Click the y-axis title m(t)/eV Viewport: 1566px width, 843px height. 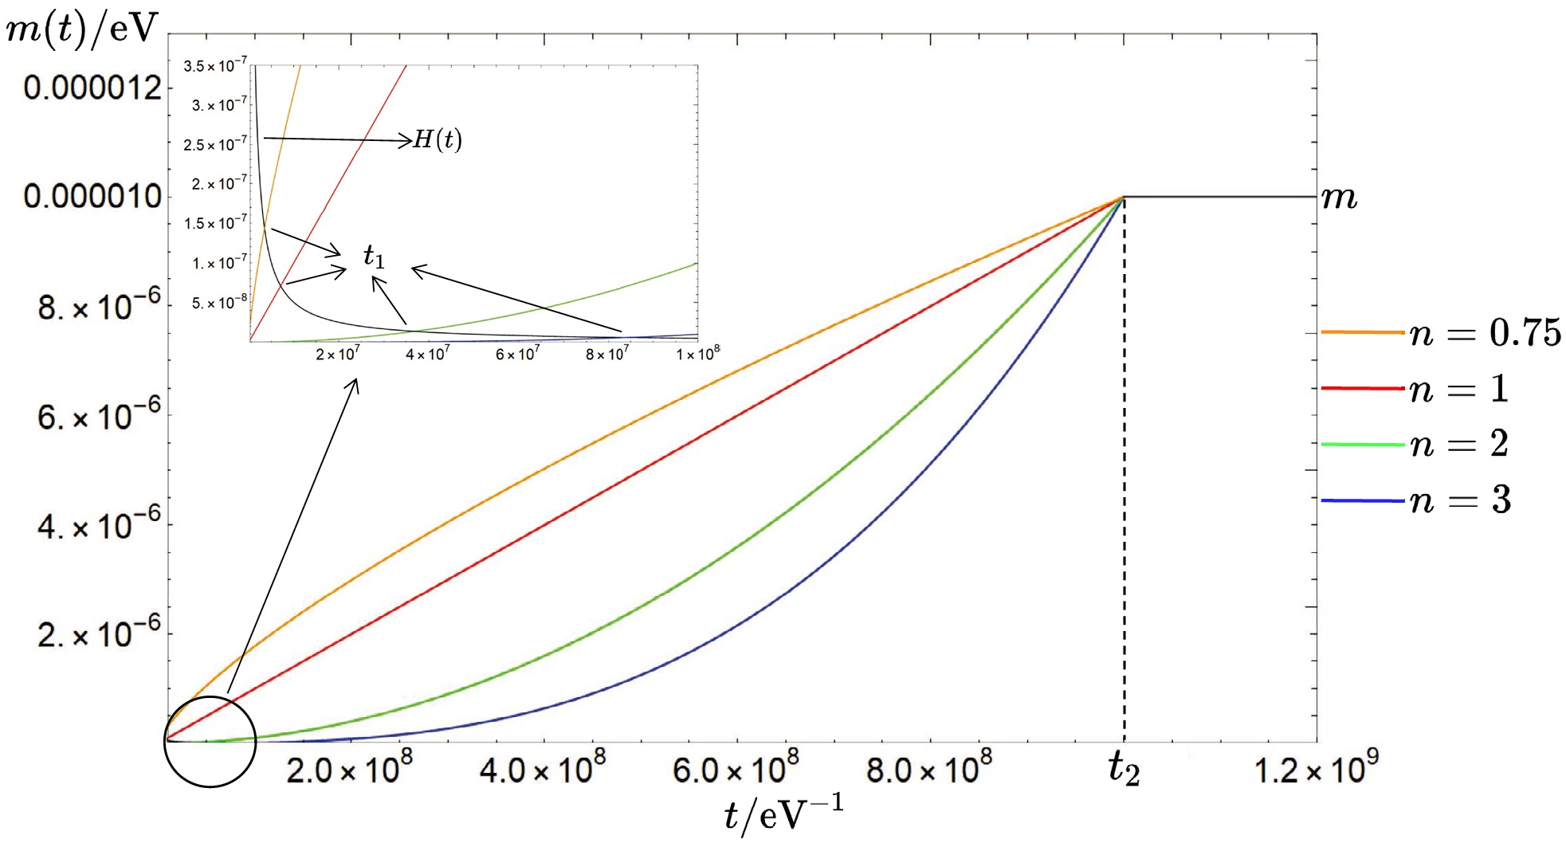coord(82,29)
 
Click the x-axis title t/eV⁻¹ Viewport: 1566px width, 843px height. coord(782,814)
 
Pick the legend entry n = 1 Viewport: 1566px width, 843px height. coord(1458,389)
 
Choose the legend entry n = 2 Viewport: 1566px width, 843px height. coord(1458,444)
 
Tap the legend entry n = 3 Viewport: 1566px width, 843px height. coord(1459,500)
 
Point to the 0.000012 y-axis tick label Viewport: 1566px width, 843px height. coord(92,88)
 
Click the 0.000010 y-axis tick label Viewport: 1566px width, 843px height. coord(92,196)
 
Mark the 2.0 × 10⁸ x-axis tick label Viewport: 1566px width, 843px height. coord(349,770)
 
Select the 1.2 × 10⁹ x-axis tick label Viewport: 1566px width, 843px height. coord(1316,770)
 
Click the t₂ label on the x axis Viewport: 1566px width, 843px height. coord(1124,769)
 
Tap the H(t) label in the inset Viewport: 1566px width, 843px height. coord(438,140)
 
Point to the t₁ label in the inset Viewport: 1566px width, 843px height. coord(374,256)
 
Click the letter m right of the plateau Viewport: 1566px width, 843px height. coord(1339,197)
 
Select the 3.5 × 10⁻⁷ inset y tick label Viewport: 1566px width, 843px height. coord(215,66)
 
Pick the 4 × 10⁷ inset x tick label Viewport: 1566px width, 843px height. coord(428,354)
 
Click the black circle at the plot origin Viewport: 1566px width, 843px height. coord(210,741)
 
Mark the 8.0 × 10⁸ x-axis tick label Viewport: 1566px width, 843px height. coord(929,770)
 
